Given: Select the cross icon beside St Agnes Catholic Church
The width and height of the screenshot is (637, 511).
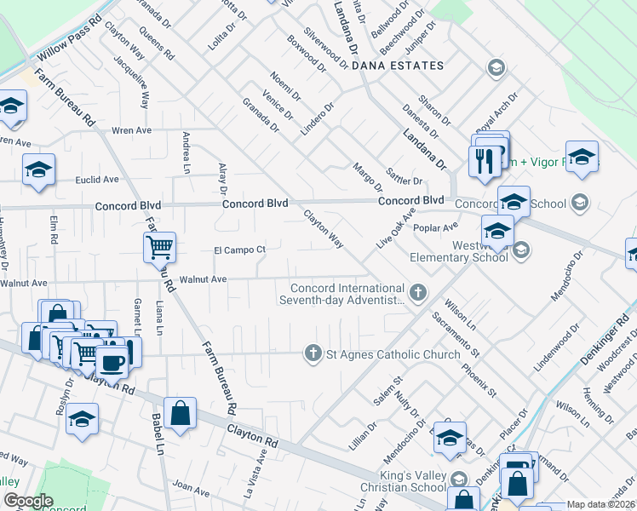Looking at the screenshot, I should (x=313, y=353).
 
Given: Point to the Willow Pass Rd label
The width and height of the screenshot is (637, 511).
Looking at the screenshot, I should (x=69, y=40).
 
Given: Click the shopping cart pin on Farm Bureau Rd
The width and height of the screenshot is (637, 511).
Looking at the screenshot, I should (x=159, y=248).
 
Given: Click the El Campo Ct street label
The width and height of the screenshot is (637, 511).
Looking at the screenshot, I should (x=240, y=250).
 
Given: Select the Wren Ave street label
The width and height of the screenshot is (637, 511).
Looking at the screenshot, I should (x=132, y=130).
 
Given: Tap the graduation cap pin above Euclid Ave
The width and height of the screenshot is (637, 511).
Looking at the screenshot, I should (x=38, y=169).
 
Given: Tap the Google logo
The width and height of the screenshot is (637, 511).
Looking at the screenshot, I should (x=28, y=501).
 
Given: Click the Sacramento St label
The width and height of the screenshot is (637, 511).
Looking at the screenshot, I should (x=456, y=335).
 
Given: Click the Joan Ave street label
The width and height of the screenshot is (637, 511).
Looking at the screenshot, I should (x=191, y=487).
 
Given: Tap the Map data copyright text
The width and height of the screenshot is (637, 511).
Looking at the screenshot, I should (x=600, y=504).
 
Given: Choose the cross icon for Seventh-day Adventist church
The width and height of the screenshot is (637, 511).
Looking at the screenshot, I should (x=417, y=293).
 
